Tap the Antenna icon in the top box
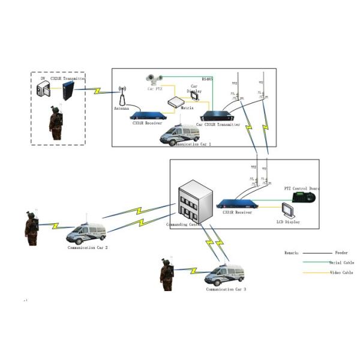(x=122, y=97)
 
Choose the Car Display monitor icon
(x=195, y=97)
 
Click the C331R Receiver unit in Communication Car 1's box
(x=146, y=115)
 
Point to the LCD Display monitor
(x=290, y=211)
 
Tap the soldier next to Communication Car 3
(x=167, y=273)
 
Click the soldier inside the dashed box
(x=56, y=123)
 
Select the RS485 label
(x=207, y=78)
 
